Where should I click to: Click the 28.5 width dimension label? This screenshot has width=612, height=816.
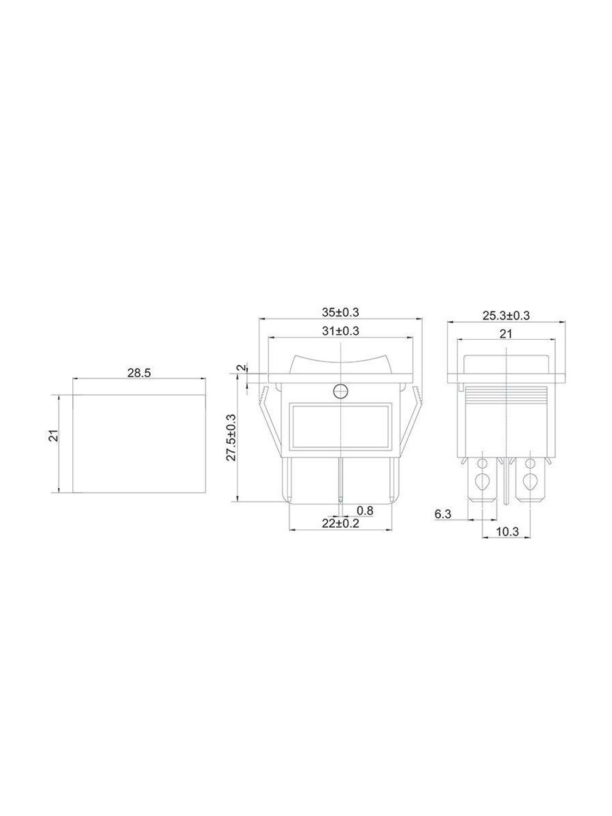[140, 373]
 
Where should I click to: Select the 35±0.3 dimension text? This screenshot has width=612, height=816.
[340, 312]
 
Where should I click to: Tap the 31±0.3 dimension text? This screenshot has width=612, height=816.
[340, 331]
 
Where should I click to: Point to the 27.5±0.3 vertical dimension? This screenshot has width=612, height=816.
[231, 437]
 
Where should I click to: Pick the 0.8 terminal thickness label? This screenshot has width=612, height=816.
[365, 511]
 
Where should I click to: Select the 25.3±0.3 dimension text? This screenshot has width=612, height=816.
[506, 316]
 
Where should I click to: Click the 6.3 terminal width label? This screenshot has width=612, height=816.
[442, 514]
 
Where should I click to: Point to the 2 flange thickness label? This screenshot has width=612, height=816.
[242, 368]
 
